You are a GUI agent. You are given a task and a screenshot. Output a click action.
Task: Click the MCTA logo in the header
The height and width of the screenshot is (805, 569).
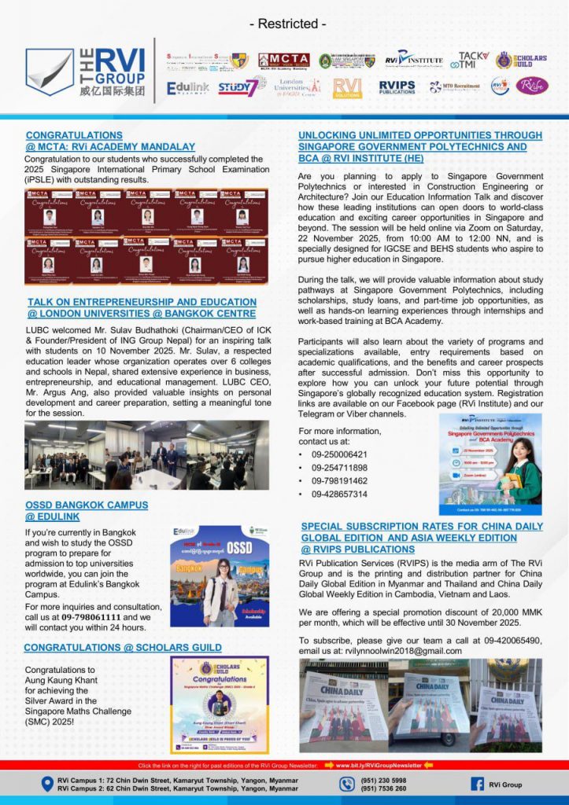[283, 61]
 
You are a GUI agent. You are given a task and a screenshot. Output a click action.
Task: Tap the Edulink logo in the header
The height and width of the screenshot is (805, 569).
[187, 88]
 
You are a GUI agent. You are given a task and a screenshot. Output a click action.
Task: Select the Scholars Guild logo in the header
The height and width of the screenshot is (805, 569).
[521, 61]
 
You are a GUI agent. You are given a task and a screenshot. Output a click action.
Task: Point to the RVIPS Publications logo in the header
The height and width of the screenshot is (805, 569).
[397, 87]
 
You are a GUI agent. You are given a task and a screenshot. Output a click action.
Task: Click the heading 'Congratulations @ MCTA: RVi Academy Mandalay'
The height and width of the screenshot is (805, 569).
[110, 141]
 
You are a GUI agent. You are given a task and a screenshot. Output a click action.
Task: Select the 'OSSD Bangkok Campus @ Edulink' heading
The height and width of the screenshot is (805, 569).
[86, 510]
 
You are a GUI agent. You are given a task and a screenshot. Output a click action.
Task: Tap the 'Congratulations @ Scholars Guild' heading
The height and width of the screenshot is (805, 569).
[122, 647]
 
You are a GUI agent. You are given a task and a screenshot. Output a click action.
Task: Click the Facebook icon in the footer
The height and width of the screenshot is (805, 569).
[477, 784]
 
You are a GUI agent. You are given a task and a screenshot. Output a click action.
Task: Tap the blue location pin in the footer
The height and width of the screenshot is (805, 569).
[46, 784]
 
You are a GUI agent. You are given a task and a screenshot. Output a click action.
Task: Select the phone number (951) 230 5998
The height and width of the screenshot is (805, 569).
[383, 780]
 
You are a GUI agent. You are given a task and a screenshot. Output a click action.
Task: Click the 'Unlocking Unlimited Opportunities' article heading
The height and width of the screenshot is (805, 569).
[419, 146]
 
